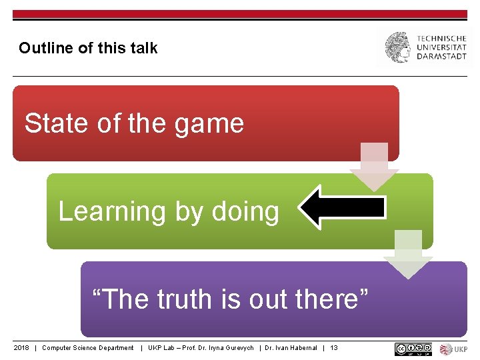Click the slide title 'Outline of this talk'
88,48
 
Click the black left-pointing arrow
342,207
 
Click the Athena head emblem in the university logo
399,47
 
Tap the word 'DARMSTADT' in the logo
442,57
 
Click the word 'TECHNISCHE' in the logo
442,39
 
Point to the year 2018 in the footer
22,348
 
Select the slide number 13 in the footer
334,348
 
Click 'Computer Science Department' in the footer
87,348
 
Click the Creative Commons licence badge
413,349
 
